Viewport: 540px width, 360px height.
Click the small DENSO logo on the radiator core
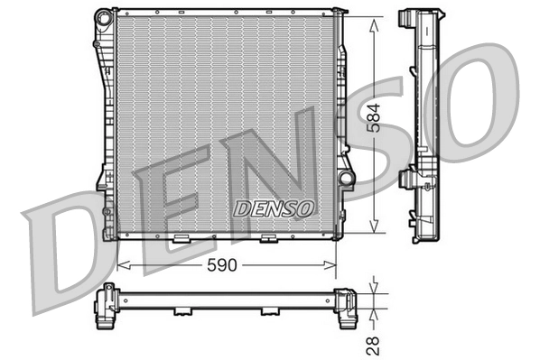(274, 208)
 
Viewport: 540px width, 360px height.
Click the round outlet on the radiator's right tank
(344, 179)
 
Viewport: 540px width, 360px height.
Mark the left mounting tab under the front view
(182, 239)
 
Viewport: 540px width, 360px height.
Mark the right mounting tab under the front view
(267, 239)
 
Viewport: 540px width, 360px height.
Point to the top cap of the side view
(421, 19)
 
